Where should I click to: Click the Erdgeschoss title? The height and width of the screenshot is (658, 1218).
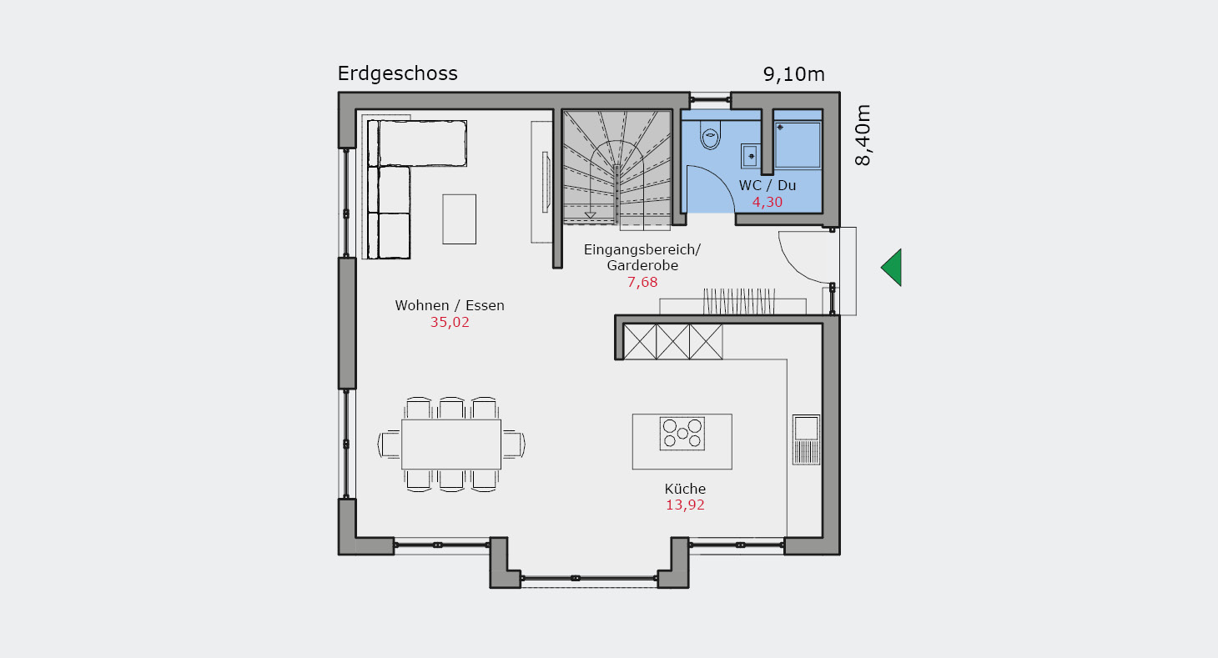pyautogui.click(x=397, y=74)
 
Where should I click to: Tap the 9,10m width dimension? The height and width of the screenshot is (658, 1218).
pyautogui.click(x=794, y=74)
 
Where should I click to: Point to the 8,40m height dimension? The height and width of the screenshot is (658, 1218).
pyautogui.click(x=863, y=135)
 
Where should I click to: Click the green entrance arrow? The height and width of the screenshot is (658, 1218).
pyautogui.click(x=891, y=268)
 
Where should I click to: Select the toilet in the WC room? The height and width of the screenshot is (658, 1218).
pyautogui.click(x=710, y=134)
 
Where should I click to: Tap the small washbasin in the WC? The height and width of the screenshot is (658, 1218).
pyautogui.click(x=750, y=156)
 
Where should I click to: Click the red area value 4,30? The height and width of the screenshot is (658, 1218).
pyautogui.click(x=768, y=202)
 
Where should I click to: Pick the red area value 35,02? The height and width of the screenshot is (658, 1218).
pyautogui.click(x=450, y=322)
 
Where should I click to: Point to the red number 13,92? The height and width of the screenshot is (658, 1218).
pyautogui.click(x=685, y=505)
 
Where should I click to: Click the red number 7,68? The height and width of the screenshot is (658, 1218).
pyautogui.click(x=642, y=282)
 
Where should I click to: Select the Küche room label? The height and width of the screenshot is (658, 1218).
pyautogui.click(x=685, y=489)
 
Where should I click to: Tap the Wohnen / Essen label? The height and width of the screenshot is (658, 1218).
pyautogui.click(x=450, y=305)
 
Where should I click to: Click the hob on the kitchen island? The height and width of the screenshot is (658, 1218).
pyautogui.click(x=682, y=434)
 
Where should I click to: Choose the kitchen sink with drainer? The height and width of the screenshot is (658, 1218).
pyautogui.click(x=806, y=440)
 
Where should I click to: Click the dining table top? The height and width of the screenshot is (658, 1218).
pyautogui.click(x=451, y=445)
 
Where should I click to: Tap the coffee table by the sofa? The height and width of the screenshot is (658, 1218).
pyautogui.click(x=459, y=219)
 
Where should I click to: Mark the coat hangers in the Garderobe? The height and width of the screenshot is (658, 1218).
pyautogui.click(x=739, y=301)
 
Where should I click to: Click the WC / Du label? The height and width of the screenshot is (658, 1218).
pyautogui.click(x=768, y=185)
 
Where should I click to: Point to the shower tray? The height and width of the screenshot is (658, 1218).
pyautogui.click(x=798, y=144)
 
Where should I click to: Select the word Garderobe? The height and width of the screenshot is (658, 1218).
pyautogui.click(x=642, y=266)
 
